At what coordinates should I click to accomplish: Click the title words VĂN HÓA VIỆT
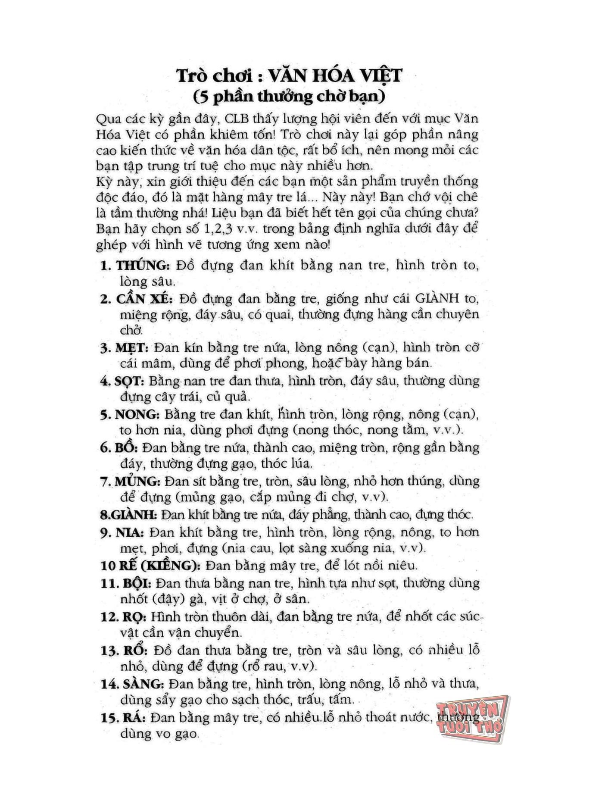[335, 76]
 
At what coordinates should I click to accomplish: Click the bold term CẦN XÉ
[145, 299]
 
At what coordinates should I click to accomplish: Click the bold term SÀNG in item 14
[143, 684]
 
